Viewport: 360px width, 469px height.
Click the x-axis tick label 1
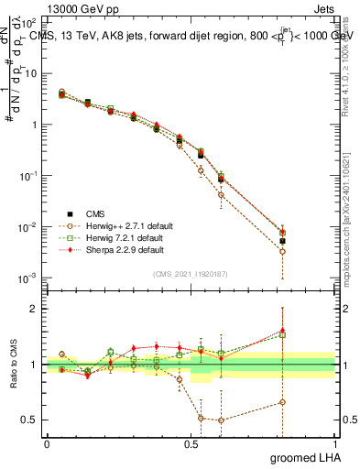(334, 442)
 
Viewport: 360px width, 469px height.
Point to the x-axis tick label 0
(47, 442)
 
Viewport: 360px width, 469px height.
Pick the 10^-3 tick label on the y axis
(28, 278)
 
